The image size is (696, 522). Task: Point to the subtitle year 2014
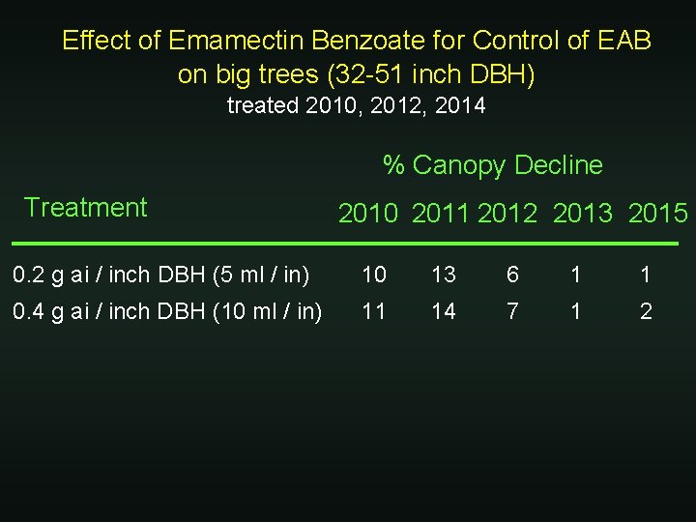460,106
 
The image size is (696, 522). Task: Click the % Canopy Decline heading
492,165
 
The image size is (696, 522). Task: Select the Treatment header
85,207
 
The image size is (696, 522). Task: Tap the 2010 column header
367,214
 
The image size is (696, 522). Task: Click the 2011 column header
441,214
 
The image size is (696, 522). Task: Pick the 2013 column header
582,214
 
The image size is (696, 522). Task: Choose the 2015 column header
657,214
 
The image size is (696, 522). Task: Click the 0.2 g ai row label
160,275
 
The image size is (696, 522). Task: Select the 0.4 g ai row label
167,310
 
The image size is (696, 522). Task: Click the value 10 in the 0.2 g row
373,275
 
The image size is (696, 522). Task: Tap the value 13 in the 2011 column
444,275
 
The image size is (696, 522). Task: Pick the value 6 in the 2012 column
512,275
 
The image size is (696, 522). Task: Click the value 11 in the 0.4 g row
373,310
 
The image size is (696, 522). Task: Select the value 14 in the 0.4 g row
444,310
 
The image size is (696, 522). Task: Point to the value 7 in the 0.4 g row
512,310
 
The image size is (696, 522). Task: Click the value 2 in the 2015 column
646,310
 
